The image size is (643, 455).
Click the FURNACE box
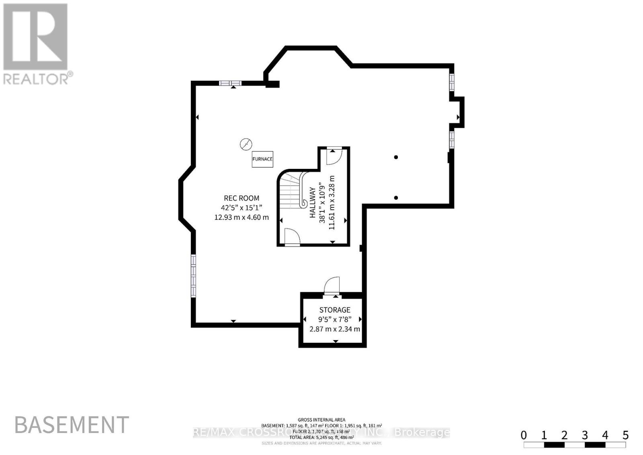262,159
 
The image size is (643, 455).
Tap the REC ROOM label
242,198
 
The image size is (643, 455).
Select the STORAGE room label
335,310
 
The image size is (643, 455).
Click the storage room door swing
332,286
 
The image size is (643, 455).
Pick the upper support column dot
396,157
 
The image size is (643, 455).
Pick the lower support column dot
396,197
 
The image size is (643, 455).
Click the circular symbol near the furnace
246,144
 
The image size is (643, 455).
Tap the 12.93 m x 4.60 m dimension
242,217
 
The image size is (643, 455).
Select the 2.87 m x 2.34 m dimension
335,329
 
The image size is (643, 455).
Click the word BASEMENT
72,425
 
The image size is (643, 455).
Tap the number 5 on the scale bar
625,435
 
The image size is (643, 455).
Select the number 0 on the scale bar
524,435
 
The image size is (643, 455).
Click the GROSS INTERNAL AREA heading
321,420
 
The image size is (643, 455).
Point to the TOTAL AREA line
321,437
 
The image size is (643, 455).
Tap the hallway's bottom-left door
292,237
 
